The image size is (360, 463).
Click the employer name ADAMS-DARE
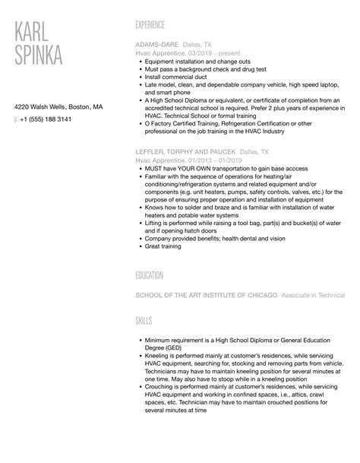pos(156,45)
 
